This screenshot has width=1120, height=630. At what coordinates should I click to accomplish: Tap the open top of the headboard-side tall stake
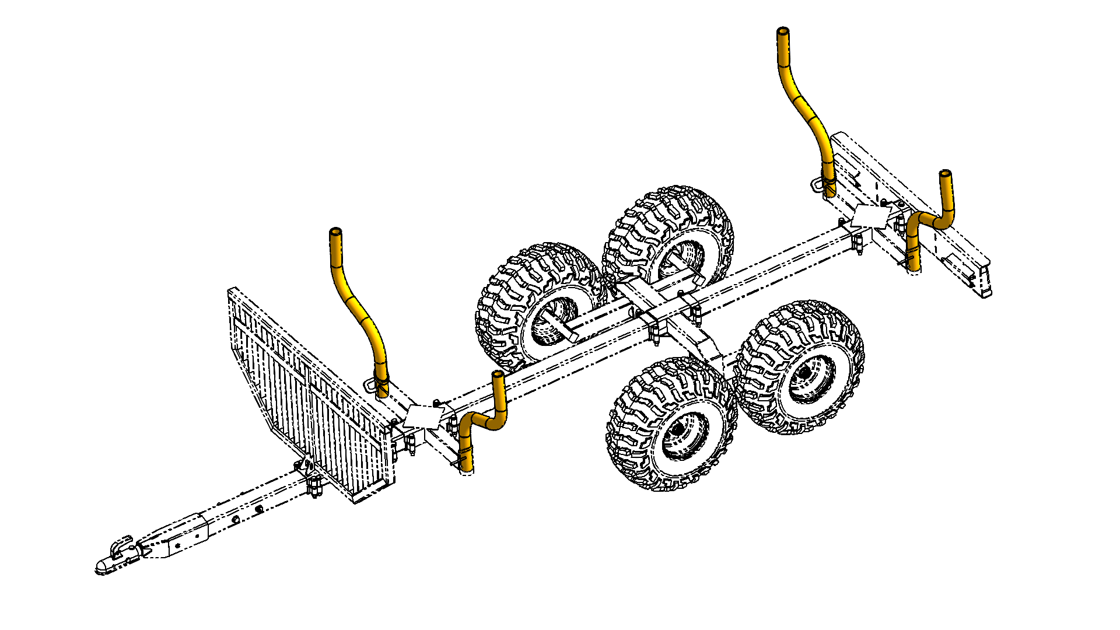[335, 232]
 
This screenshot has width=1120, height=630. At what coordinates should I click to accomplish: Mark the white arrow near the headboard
[423, 415]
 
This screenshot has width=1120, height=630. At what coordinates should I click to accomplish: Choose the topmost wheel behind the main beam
[671, 233]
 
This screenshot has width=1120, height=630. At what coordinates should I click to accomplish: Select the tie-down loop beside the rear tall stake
[817, 185]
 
